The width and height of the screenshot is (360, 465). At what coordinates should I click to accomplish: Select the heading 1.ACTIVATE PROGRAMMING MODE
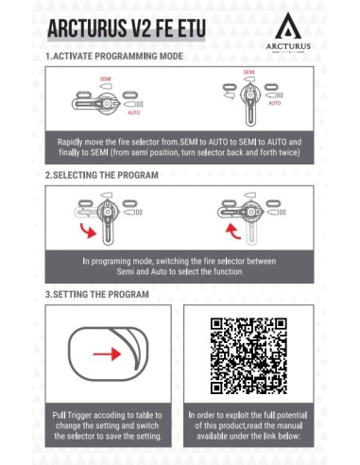point(114,57)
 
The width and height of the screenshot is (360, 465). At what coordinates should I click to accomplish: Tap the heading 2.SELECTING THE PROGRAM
point(102,175)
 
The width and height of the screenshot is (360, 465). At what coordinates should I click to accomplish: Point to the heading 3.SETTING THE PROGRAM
point(97,295)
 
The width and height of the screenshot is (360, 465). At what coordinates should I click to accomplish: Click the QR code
point(249,356)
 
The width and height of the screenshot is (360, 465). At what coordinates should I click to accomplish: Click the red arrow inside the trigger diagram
point(107,354)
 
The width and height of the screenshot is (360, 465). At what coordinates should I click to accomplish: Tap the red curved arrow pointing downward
point(88,231)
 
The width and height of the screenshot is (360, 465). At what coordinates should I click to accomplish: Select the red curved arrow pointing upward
point(233,231)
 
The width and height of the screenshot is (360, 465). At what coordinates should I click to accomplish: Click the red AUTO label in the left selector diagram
point(134,112)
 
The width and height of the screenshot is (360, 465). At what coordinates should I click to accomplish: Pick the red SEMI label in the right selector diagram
point(249,73)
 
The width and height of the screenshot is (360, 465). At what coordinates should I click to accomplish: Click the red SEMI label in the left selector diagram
point(106,79)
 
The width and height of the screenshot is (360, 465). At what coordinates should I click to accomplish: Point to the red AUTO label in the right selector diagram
point(275,103)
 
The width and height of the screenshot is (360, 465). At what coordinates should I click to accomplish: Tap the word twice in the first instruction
point(289,152)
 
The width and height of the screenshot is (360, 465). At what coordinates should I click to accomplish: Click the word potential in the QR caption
point(293,415)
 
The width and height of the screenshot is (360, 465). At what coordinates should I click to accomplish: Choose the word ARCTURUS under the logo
point(288,46)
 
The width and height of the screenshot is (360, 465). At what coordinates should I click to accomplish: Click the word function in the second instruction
point(228,271)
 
